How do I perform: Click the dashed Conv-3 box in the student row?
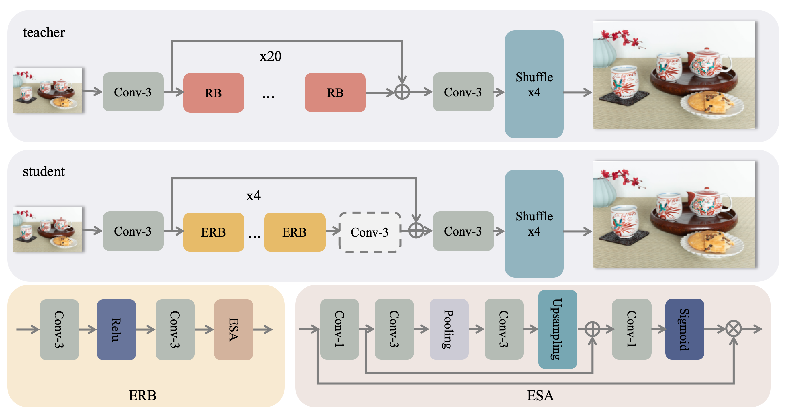click(370, 232)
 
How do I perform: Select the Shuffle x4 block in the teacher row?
click(534, 84)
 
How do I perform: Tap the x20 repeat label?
click(271, 56)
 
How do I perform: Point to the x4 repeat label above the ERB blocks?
click(253, 196)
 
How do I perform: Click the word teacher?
click(44, 32)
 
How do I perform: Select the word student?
click(44, 171)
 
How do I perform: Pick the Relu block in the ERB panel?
click(116, 330)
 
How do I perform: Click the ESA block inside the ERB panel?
click(234, 330)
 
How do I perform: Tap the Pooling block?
click(449, 329)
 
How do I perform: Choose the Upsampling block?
click(557, 329)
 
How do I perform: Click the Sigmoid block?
click(684, 329)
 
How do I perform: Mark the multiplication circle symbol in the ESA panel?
click(734, 329)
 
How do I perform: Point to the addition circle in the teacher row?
click(402, 92)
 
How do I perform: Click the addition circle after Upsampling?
click(592, 329)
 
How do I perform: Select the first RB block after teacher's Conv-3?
click(213, 93)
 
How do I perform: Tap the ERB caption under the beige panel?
click(142, 396)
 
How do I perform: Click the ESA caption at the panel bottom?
click(540, 396)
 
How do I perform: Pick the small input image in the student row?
click(47, 229)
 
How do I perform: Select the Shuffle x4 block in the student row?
click(534, 224)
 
